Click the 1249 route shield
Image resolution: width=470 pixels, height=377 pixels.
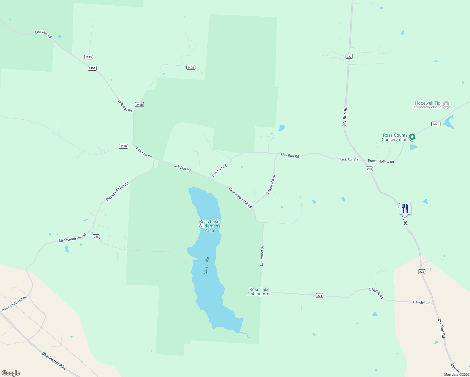click(x=89, y=57)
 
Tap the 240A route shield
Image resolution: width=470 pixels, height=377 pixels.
click(x=92, y=68)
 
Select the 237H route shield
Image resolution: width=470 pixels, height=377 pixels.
click(x=123, y=146)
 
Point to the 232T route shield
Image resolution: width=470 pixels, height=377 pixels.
click(x=436, y=124)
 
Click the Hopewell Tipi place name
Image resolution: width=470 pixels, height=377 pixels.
click(x=428, y=103)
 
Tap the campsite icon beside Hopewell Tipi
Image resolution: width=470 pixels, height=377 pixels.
click(x=446, y=105)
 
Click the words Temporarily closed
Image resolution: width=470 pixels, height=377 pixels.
click(x=427, y=107)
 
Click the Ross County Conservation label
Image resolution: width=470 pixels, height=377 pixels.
click(x=395, y=138)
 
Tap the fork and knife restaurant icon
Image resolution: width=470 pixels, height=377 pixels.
click(x=405, y=209)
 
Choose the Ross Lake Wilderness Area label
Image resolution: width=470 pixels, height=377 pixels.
click(x=210, y=226)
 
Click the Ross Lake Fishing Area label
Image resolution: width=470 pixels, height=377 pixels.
click(x=260, y=292)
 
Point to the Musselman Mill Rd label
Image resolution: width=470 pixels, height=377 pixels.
click(x=240, y=198)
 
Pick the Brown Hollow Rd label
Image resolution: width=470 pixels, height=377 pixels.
click(x=381, y=161)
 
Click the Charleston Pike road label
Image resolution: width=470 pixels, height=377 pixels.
click(x=54, y=361)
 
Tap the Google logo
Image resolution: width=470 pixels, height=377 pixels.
click(x=11, y=373)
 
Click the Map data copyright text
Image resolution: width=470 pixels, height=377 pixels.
click(x=456, y=374)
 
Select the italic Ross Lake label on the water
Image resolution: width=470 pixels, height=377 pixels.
click(x=206, y=266)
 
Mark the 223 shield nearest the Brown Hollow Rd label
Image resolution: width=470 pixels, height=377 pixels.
click(x=369, y=169)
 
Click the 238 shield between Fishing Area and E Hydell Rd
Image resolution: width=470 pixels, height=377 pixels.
click(x=320, y=296)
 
